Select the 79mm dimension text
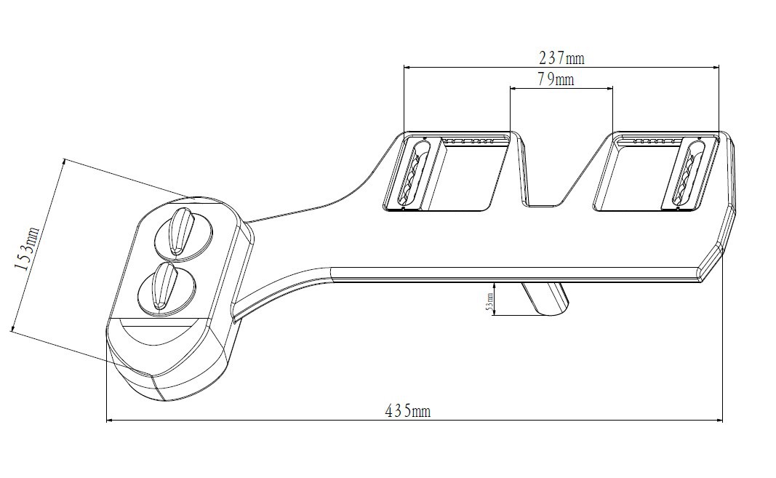point(556,79)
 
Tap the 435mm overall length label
point(407,412)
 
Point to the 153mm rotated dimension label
point(25,248)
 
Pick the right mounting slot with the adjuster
point(687,173)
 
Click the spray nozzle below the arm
point(545,298)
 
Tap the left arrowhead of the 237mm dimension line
point(407,68)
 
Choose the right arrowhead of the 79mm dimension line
point(610,88)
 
